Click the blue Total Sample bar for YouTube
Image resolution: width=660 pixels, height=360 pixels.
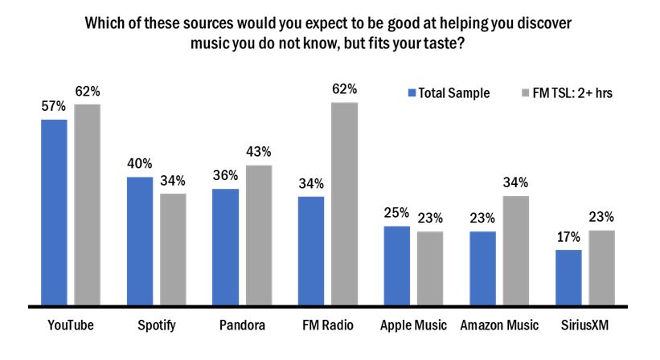click(54, 213)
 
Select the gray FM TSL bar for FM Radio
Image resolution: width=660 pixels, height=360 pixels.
click(344, 204)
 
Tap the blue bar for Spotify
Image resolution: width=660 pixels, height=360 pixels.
click(139, 241)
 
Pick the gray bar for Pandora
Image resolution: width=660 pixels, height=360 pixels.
click(258, 235)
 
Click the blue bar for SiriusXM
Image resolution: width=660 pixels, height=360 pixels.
click(568, 278)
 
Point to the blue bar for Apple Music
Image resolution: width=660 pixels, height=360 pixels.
click(396, 266)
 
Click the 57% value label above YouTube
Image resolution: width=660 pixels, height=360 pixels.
click(54, 107)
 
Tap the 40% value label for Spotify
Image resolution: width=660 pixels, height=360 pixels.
click(139, 164)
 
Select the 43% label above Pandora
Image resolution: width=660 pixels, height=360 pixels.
click(259, 152)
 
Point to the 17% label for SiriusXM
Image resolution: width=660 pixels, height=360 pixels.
click(568, 237)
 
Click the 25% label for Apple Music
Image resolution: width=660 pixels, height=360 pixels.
click(396, 213)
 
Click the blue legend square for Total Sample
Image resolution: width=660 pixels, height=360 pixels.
click(412, 93)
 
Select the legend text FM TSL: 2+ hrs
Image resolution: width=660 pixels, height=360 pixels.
click(573, 93)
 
